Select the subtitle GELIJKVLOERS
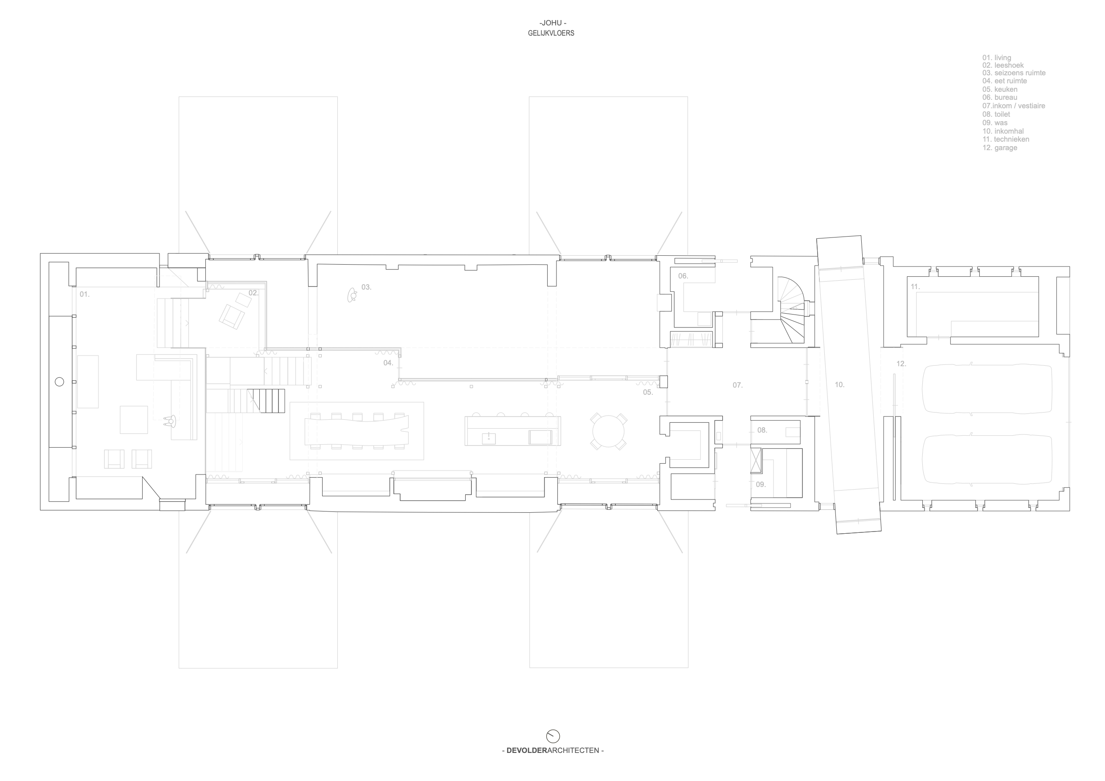(551, 33)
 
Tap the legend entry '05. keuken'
(1000, 90)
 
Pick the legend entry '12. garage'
(1000, 148)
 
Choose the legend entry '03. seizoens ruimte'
(1014, 73)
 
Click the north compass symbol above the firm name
(553, 736)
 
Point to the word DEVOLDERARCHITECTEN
(553, 750)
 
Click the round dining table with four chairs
(608, 432)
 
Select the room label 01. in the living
(85, 294)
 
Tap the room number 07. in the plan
(738, 385)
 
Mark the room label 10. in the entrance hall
(840, 385)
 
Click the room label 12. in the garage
(901, 364)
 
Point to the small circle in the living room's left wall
(59, 382)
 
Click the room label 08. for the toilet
(762, 430)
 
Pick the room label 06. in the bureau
(683, 276)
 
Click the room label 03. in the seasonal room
(367, 287)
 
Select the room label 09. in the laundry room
(761, 485)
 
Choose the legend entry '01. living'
(997, 58)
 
